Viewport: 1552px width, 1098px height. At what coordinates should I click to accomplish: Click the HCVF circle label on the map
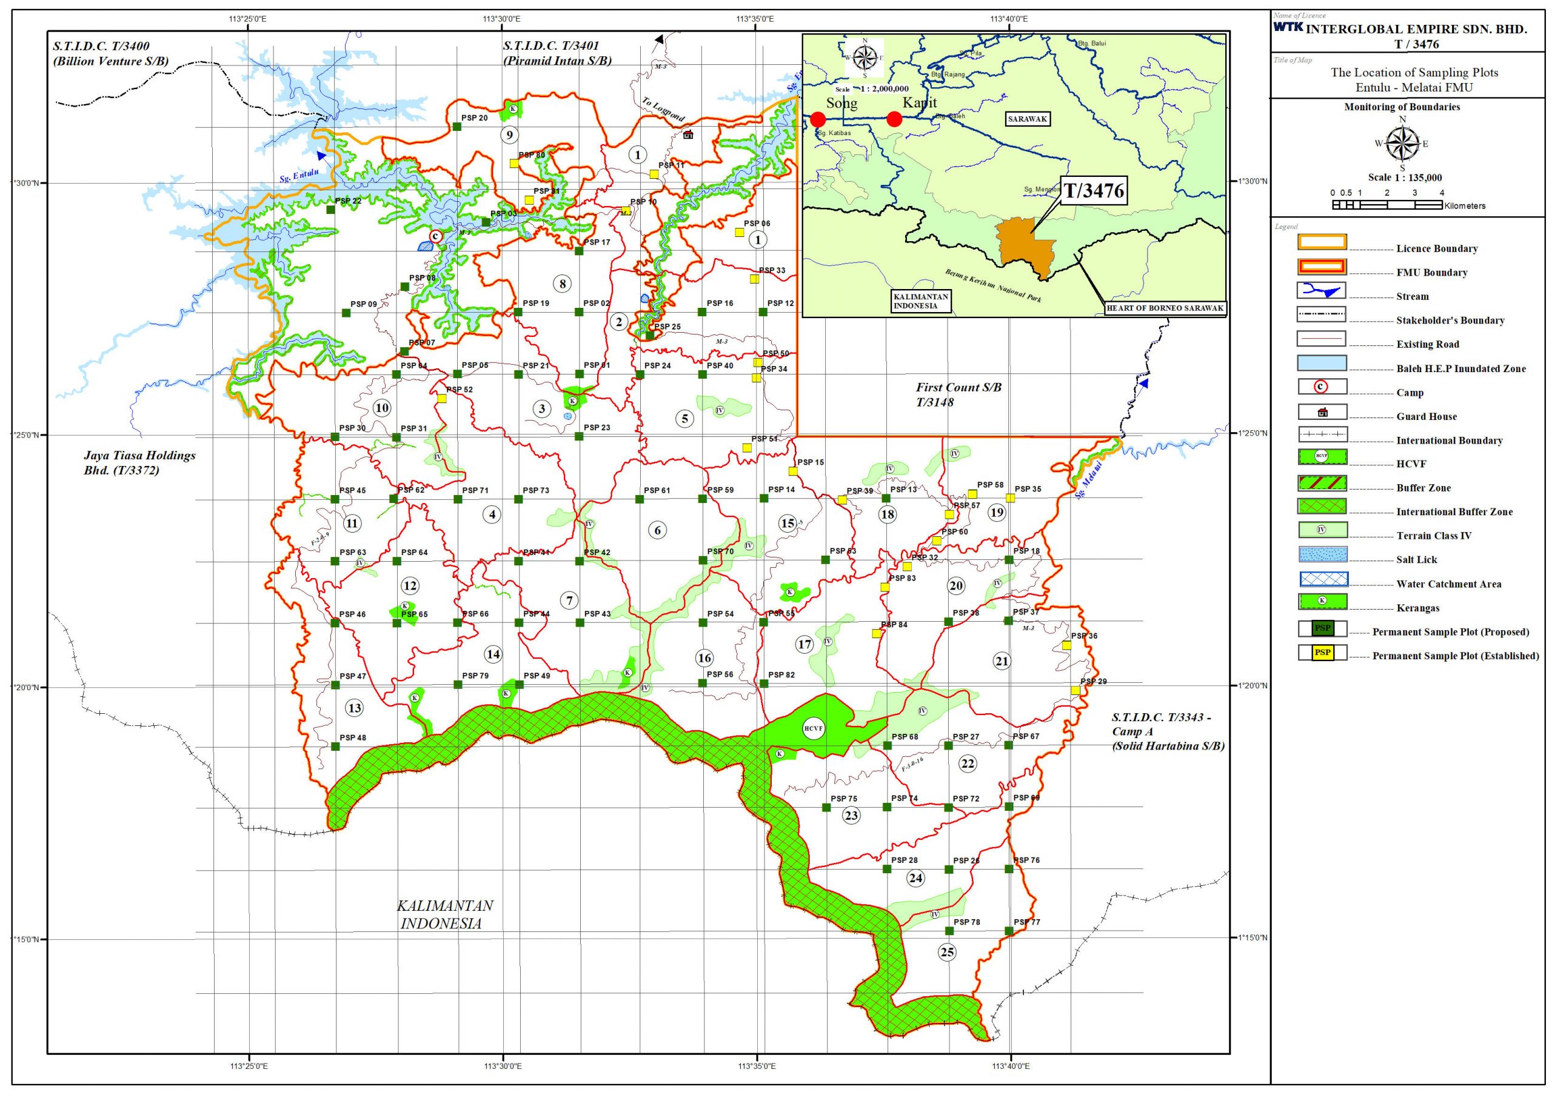pos(814,728)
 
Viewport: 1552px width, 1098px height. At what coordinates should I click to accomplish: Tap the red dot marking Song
pos(818,119)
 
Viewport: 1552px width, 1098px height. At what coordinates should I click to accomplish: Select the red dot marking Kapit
pos(894,119)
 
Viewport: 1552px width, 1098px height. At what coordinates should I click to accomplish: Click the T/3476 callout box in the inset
pos(1094,191)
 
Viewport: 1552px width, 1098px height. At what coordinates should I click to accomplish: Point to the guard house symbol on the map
pos(689,135)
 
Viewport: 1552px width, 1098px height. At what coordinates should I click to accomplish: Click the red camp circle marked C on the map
pos(435,237)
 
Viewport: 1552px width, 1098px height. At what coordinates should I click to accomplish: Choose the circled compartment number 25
pos(947,952)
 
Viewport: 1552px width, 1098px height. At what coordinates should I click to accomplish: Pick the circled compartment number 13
pos(355,708)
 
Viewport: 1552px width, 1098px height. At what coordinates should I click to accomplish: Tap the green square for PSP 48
pos(335,747)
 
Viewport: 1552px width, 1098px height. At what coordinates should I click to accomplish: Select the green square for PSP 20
pos(457,127)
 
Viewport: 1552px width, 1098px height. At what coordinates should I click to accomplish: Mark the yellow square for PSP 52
pos(441,399)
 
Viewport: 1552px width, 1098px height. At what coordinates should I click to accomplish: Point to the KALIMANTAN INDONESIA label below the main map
pos(444,914)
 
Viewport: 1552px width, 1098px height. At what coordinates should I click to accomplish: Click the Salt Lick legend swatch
pos(1322,555)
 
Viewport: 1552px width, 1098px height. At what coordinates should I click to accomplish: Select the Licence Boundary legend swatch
pos(1322,242)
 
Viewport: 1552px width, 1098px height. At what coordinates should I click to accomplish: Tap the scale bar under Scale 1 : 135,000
pos(1387,204)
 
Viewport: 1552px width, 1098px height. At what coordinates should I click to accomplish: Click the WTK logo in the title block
pos(1288,27)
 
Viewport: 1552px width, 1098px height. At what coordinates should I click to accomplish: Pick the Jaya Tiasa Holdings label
pos(139,462)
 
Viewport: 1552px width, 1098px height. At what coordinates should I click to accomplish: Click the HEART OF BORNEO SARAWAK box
pos(1165,308)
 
